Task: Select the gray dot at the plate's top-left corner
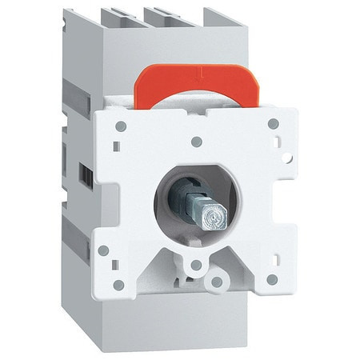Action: (121, 126)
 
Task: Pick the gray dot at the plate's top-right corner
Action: (273, 124)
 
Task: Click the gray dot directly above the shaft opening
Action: (196, 142)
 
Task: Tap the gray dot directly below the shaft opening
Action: (196, 265)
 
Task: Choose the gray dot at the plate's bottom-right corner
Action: (272, 279)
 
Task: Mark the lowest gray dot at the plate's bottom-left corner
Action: (118, 285)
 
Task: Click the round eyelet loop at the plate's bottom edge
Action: (216, 282)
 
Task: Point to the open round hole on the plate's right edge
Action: (288, 158)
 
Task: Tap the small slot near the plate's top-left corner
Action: (117, 146)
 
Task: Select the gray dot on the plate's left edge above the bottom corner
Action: (103, 250)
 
